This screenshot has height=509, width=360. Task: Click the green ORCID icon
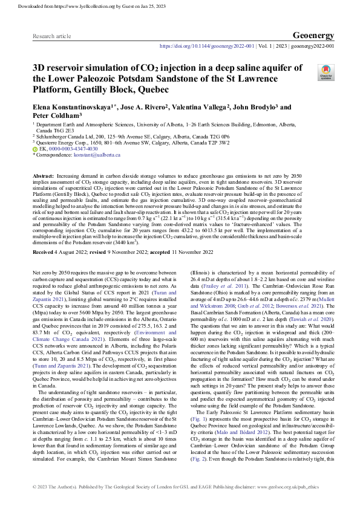click(34, 148)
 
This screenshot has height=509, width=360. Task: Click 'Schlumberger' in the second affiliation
click(53, 137)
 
